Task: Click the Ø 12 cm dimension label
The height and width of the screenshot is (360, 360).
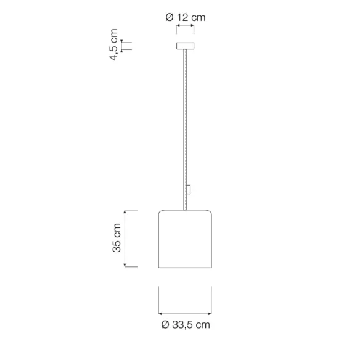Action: coord(186,17)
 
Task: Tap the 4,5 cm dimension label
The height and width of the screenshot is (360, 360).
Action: coord(113,44)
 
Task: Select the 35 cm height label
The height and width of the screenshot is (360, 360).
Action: coord(117,238)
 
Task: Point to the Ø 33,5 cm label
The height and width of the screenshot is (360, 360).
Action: coord(186,325)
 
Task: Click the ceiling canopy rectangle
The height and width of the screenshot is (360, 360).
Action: coord(185,46)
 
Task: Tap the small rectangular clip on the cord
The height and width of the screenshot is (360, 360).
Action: coord(189,189)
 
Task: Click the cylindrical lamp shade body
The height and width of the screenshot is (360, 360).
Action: coord(185,239)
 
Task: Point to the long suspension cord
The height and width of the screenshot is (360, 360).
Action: coord(185,129)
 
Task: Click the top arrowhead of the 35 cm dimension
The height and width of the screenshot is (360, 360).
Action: coord(125,211)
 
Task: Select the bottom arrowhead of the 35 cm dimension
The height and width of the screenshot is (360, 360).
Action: coord(125,265)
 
